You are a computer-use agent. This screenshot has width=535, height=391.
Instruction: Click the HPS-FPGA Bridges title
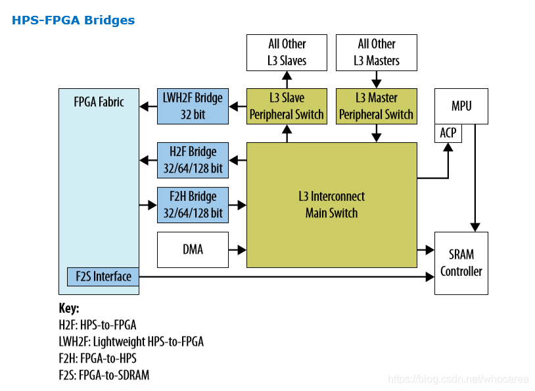click(74, 20)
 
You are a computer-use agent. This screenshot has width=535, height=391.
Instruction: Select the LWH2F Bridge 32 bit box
click(193, 106)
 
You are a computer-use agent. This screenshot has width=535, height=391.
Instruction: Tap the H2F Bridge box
click(193, 161)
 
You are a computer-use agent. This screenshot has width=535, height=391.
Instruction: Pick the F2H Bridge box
click(193, 205)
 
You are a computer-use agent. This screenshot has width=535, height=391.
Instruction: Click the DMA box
click(193, 250)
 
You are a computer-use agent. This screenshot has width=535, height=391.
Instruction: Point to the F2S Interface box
click(103, 276)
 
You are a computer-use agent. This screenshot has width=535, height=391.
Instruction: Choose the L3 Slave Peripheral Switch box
click(287, 106)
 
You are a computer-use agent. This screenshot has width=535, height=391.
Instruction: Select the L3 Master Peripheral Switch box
click(377, 106)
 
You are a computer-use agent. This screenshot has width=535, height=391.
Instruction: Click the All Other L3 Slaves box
click(287, 53)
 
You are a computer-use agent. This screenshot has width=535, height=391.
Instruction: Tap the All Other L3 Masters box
click(377, 53)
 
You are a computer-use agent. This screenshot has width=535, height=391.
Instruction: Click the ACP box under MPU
click(448, 133)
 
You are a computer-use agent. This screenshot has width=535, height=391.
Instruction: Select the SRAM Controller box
click(461, 263)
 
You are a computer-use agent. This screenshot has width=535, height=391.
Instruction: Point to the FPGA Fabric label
click(99, 102)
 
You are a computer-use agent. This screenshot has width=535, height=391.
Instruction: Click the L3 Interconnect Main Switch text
click(332, 205)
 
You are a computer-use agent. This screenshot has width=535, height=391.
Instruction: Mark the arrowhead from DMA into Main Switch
click(242, 250)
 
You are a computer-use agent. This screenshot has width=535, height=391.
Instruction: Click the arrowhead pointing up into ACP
click(448, 147)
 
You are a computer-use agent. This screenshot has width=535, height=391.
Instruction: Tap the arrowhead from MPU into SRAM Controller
click(475, 227)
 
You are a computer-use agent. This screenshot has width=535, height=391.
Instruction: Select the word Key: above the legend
click(69, 308)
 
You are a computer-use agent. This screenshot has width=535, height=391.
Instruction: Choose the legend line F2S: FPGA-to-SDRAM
click(104, 375)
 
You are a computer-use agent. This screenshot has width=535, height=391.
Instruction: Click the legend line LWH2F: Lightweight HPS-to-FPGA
click(131, 342)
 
